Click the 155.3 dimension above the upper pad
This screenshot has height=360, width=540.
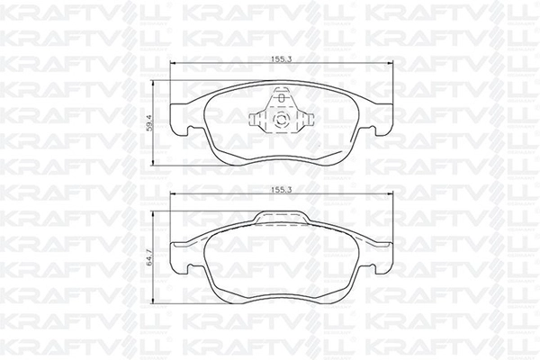tap(282, 58)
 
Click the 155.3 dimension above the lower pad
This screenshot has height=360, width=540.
tap(282, 190)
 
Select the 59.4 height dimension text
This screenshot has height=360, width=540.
tap(148, 123)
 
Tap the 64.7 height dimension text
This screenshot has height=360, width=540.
tap(149, 257)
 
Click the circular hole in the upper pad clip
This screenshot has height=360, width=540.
tap(280, 120)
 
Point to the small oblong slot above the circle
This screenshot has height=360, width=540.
tap(282, 98)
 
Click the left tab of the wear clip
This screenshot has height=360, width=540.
tap(256, 119)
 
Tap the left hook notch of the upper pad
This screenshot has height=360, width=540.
tap(189, 130)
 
